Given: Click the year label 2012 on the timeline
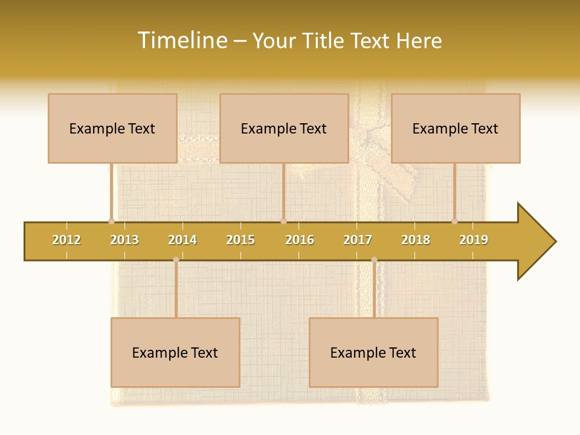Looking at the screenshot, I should click(x=66, y=240).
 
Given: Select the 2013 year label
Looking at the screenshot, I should click(x=124, y=240).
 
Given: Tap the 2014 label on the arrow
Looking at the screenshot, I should click(x=182, y=240).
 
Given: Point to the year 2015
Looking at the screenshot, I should click(x=240, y=240).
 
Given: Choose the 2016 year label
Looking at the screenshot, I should click(x=300, y=240).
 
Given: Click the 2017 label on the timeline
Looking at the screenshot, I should click(x=358, y=240).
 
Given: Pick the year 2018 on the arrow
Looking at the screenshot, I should click(x=416, y=240).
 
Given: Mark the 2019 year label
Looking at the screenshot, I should click(x=474, y=240).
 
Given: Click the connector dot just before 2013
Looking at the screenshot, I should click(x=111, y=221).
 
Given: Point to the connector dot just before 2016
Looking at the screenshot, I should click(x=283, y=221).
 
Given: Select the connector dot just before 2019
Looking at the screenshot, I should click(x=454, y=221).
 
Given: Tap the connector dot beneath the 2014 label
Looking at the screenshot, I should click(x=176, y=260).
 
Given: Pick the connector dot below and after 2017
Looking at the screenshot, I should click(x=374, y=260).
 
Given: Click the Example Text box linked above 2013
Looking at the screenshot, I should click(x=112, y=128).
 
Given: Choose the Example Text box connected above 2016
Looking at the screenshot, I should click(x=284, y=128).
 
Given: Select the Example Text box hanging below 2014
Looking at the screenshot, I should click(x=175, y=352).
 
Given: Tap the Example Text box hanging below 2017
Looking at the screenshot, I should click(x=373, y=352).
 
